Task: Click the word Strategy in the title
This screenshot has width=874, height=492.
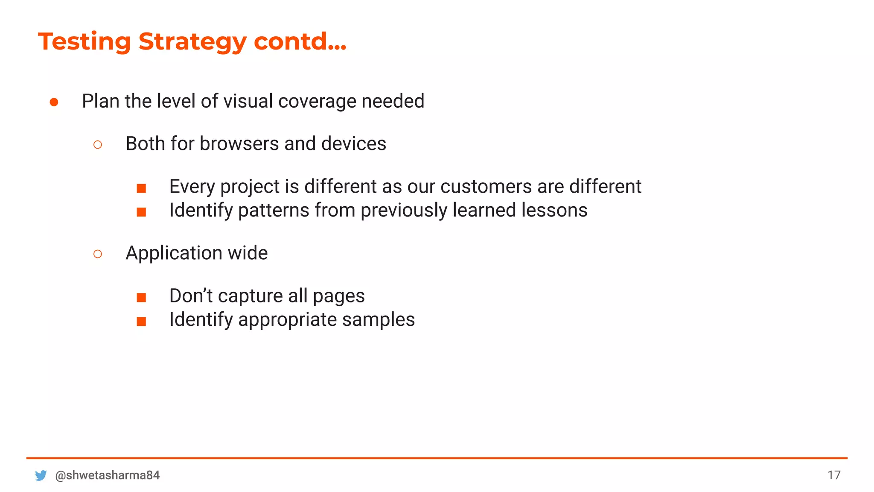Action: pyautogui.click(x=192, y=42)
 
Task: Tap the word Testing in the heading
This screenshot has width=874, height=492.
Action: pyautogui.click(x=84, y=42)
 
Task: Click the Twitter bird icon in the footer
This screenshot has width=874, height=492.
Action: pyautogui.click(x=41, y=475)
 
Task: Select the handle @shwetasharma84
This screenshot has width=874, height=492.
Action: pyautogui.click(x=108, y=475)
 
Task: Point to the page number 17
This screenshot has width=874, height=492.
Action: pyautogui.click(x=834, y=475)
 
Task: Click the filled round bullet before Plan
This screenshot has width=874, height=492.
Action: pyautogui.click(x=54, y=102)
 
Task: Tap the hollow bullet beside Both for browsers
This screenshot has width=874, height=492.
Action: pyautogui.click(x=98, y=145)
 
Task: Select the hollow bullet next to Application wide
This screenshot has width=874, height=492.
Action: pyautogui.click(x=98, y=254)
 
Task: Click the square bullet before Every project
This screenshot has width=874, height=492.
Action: pyautogui.click(x=141, y=188)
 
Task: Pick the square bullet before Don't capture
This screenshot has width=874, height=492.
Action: pyautogui.click(x=141, y=297)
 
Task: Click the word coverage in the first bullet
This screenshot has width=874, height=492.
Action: pyautogui.click(x=317, y=102)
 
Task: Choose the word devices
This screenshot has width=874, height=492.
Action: pyautogui.click(x=353, y=143)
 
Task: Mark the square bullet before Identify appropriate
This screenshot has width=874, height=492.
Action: pyautogui.click(x=141, y=321)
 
